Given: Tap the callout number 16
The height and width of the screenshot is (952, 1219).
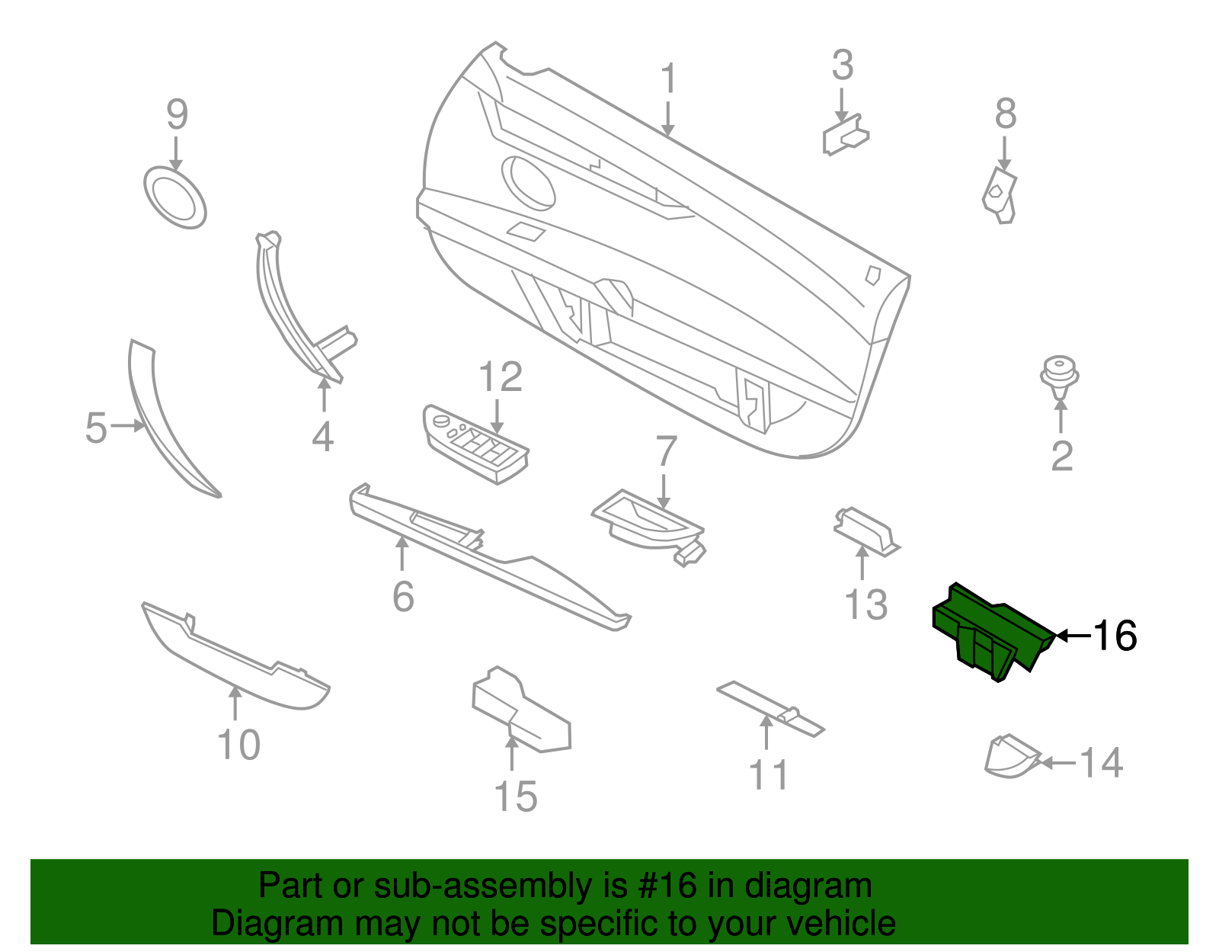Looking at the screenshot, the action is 1115,636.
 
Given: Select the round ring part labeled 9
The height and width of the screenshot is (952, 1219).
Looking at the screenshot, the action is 175,197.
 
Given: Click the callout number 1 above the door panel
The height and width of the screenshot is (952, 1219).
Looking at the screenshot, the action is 667,78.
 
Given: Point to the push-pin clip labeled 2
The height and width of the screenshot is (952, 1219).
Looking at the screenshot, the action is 1059,376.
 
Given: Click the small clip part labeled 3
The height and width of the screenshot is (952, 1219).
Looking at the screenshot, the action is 846,135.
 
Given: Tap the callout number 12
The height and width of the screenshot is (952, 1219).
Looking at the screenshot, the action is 500,377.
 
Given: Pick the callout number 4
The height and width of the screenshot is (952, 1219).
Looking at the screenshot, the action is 322,436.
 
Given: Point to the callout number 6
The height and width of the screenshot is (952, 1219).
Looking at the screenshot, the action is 403,596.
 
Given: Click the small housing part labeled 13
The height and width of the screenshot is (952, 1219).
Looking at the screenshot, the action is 866,531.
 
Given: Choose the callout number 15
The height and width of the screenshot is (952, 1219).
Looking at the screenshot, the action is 516,797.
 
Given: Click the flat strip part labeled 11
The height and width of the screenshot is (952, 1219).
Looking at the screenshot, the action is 770,709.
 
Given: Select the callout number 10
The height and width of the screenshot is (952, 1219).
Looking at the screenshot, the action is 239,745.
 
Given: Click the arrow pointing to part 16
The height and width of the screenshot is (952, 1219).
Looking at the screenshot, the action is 1073,636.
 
